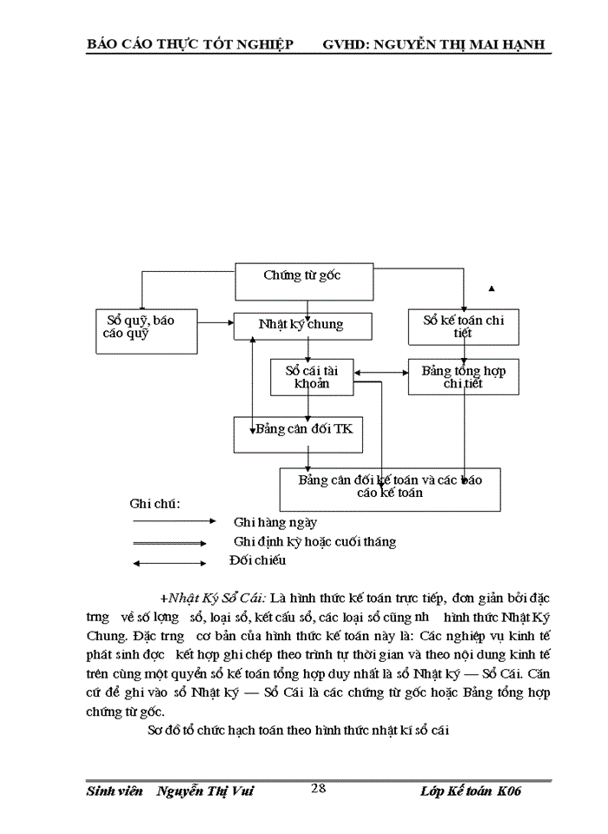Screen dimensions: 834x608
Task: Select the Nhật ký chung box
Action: (303, 326)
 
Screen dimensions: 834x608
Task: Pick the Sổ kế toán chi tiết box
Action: (463, 327)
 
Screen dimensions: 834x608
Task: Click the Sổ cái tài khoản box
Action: (310, 376)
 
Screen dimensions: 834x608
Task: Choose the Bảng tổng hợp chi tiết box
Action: (463, 376)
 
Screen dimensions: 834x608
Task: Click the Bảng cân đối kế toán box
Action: (389, 488)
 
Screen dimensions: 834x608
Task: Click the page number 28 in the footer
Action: (319, 788)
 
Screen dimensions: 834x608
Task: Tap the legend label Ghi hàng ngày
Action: (275, 522)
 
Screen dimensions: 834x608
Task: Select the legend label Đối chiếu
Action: (257, 560)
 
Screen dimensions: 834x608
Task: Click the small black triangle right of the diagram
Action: (492, 288)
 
